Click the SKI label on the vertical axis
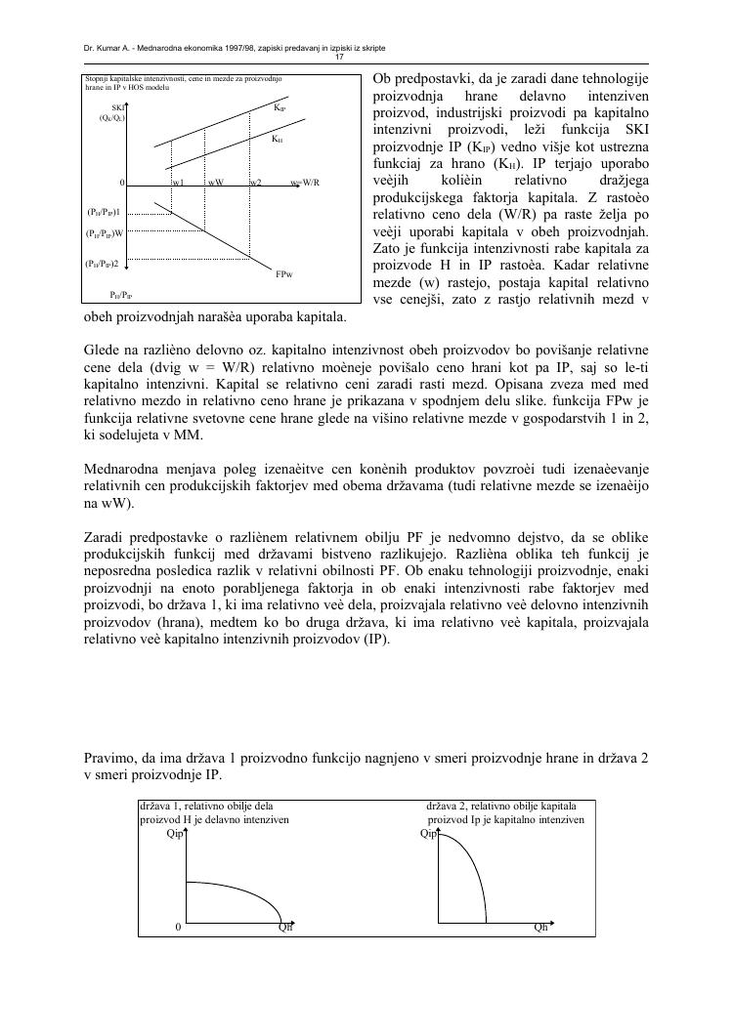tap(118, 106)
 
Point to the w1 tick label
tap(179, 183)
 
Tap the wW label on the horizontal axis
tap(215, 183)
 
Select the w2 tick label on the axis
tap(255, 183)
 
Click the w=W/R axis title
tap(305, 183)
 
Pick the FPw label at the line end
tap(284, 275)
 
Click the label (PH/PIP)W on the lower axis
tap(105, 233)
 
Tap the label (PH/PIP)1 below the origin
tap(103, 211)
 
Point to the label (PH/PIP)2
tap(103, 264)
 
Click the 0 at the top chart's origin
tap(122, 183)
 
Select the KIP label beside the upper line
tap(280, 107)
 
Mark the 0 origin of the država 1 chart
tap(177, 928)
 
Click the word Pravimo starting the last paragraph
tap(107, 761)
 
